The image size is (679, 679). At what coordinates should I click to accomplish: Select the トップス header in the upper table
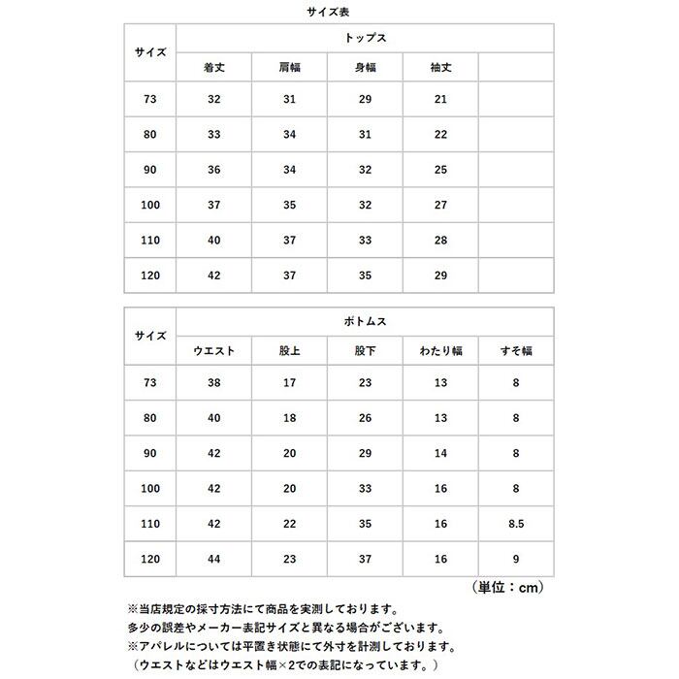365,38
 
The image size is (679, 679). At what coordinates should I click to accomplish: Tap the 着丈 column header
213,69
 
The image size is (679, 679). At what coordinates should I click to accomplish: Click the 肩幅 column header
289,69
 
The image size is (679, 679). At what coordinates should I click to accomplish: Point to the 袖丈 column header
440,69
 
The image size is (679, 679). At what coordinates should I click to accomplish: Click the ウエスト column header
213,350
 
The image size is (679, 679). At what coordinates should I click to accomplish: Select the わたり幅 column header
440,350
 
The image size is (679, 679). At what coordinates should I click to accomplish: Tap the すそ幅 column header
516,350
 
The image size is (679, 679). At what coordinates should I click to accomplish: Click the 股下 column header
365,350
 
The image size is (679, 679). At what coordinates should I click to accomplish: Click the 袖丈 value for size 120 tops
440,275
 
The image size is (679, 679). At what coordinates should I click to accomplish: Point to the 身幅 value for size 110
365,241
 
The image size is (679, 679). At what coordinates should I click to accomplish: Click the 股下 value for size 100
365,487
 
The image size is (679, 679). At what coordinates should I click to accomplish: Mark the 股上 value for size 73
289,382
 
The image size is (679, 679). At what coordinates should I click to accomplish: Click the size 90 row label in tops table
149,171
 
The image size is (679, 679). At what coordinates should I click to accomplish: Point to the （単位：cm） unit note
505,587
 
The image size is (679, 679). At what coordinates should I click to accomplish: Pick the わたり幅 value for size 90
440,452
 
